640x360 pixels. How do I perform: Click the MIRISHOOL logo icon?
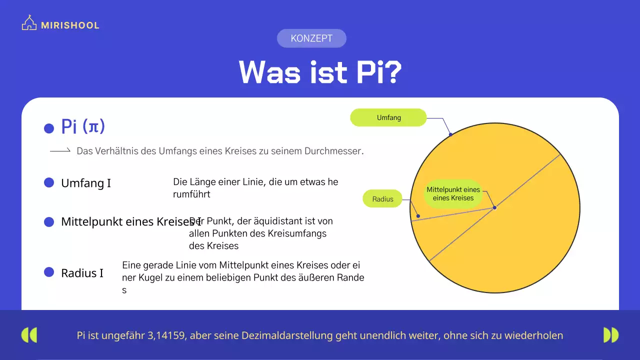point(29,23)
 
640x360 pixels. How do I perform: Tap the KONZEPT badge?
point(311,38)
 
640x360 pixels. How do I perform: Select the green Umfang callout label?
point(388,117)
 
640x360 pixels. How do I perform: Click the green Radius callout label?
point(382,199)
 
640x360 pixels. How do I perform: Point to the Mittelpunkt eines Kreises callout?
point(453,193)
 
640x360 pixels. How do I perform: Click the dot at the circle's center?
point(494,207)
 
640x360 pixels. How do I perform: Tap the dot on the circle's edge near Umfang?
point(450,134)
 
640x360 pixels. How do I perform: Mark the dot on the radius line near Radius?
point(418,216)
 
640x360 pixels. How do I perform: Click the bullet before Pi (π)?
point(49,128)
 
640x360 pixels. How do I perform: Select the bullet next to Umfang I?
point(49,182)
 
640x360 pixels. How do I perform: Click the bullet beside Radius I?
point(49,272)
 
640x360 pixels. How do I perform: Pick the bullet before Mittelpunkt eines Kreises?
point(49,221)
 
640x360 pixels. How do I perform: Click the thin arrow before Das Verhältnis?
point(60,150)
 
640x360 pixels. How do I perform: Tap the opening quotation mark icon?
point(29,335)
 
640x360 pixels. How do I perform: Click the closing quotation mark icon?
point(610,335)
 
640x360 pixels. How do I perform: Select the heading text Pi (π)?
point(83,126)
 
